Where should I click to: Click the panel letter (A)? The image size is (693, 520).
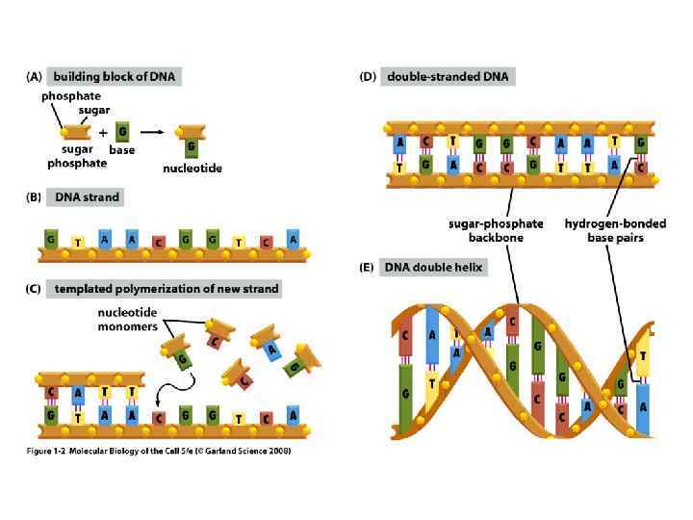click(x=34, y=76)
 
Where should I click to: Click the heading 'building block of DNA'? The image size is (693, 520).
click(x=116, y=76)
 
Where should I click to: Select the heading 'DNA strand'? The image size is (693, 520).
click(x=87, y=197)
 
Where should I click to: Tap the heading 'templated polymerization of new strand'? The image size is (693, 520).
click(x=167, y=288)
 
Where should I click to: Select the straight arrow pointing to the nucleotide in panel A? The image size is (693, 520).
click(x=152, y=133)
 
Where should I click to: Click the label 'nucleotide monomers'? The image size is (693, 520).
click(x=128, y=320)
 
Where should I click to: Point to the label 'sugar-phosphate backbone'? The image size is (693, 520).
click(x=496, y=231)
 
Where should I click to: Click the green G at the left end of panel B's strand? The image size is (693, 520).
click(x=50, y=237)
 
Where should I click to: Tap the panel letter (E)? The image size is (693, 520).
click(x=367, y=267)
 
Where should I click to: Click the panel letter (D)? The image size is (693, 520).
click(x=367, y=76)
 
